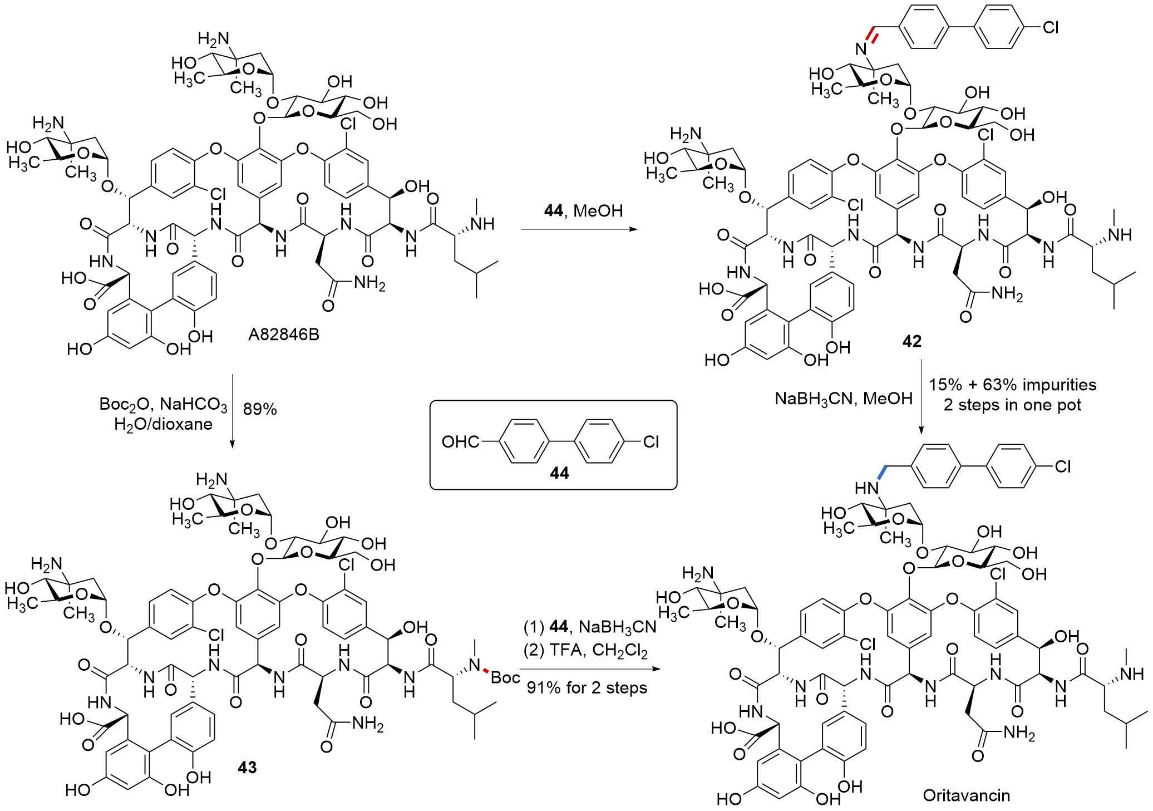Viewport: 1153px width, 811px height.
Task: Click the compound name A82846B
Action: coord(283,335)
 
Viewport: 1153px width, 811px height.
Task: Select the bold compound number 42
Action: coord(911,341)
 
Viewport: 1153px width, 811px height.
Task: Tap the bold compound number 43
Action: coord(247,768)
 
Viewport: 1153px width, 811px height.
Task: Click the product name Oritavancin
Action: coord(966,795)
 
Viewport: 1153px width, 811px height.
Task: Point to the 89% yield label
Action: coord(260,410)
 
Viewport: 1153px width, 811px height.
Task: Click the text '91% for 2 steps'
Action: coord(587,688)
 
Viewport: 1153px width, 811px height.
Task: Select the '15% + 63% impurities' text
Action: coord(1012,385)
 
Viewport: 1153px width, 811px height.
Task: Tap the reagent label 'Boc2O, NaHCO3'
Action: coord(163,404)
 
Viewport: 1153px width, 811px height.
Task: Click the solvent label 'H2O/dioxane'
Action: coord(163,424)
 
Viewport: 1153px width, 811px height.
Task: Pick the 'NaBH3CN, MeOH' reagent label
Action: coord(844,399)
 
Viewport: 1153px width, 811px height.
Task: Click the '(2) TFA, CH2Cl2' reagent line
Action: coord(585,650)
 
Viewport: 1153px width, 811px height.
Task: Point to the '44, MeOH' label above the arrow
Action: coord(583,211)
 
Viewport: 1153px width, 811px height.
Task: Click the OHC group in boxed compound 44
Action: coord(460,442)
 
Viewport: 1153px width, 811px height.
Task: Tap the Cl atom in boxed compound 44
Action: coord(651,442)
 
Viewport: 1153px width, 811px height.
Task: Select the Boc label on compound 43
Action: coord(505,677)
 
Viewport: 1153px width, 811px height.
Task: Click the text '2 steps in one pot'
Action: coord(1012,405)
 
